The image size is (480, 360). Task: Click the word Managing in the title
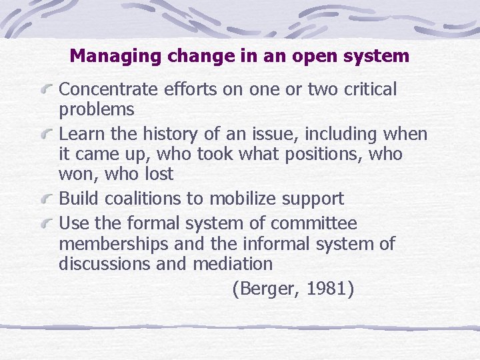116,56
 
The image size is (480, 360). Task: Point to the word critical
370,89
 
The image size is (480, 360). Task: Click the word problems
97,110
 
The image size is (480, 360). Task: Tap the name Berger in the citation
266,289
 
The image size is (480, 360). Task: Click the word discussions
104,264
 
